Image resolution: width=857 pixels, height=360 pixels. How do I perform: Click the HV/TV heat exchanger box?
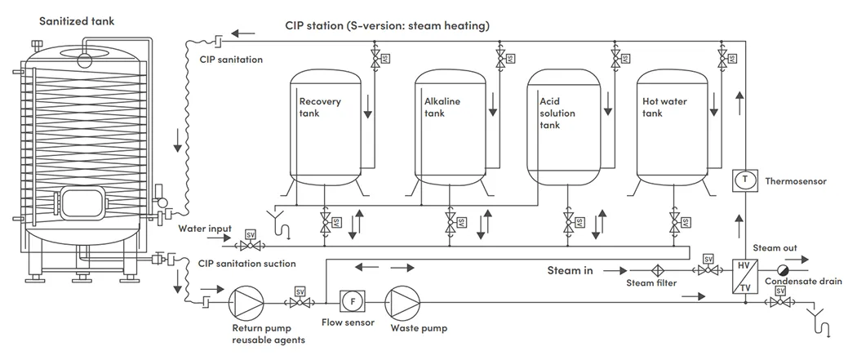pyautogui.click(x=744, y=278)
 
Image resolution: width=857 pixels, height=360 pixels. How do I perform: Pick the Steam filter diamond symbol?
pyautogui.click(x=655, y=270)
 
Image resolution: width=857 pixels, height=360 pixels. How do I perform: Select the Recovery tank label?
pyautogui.click(x=320, y=107)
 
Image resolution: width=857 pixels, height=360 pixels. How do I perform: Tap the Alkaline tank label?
pyautogui.click(x=442, y=107)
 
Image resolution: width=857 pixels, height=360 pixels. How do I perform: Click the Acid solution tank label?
pyautogui.click(x=557, y=113)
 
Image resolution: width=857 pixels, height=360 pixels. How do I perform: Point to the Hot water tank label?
pyautogui.click(x=664, y=107)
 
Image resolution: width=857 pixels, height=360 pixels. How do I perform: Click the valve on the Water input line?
pyautogui.click(x=251, y=246)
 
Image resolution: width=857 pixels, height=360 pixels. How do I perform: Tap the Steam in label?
pyautogui.click(x=569, y=269)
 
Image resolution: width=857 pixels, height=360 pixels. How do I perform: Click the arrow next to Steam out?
pyautogui.click(x=808, y=257)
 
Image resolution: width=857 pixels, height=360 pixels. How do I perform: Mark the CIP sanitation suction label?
pyautogui.click(x=247, y=264)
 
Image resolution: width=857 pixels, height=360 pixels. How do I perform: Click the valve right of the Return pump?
pyautogui.click(x=300, y=303)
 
